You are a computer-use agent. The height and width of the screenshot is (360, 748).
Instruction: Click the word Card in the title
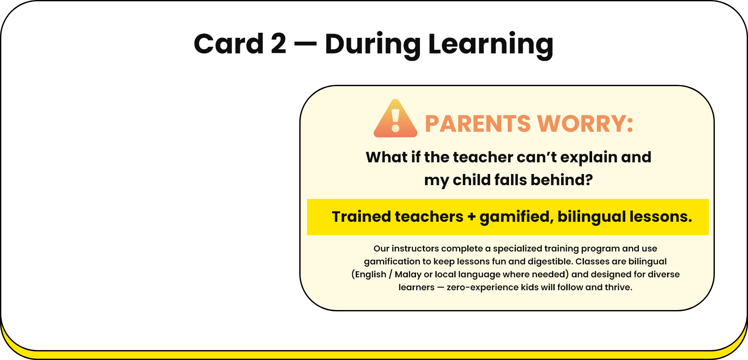coord(229,44)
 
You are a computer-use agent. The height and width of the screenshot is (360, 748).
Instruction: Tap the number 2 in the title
coord(279,44)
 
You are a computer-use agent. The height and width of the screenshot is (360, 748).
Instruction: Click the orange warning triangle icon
coord(395,118)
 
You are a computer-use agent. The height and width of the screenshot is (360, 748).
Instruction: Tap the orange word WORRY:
coord(586,124)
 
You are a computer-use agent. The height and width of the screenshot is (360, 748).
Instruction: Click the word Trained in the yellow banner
coord(361,217)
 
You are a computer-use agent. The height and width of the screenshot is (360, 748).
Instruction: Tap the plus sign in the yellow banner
coord(472,217)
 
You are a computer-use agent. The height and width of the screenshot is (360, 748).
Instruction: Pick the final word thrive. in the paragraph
coord(618,287)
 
